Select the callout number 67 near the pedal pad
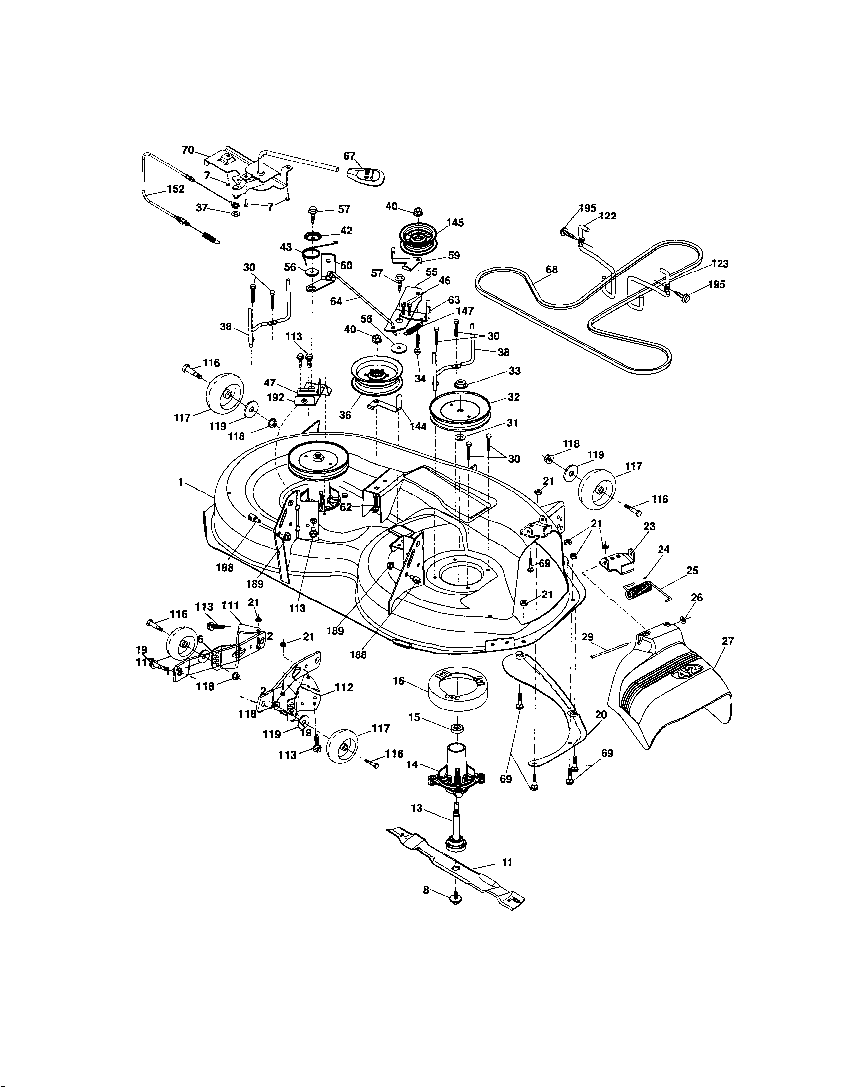349,156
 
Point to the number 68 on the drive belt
551,270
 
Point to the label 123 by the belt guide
720,264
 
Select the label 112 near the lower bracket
344,687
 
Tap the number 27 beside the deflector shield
728,641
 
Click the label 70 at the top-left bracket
188,150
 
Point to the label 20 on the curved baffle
601,714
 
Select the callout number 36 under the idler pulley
345,415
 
